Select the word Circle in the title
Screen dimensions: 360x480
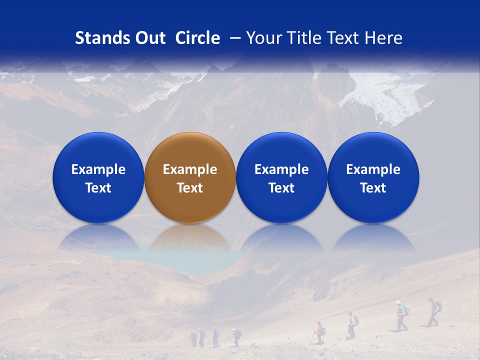[197, 38]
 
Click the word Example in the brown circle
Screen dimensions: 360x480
[189, 169]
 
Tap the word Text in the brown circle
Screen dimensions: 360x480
[189, 188]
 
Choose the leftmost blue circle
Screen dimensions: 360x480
[98, 177]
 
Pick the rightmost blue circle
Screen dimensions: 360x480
[373, 177]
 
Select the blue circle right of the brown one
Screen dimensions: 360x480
[281, 177]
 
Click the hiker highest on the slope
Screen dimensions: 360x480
[434, 311]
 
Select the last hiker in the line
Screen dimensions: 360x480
[193, 338]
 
